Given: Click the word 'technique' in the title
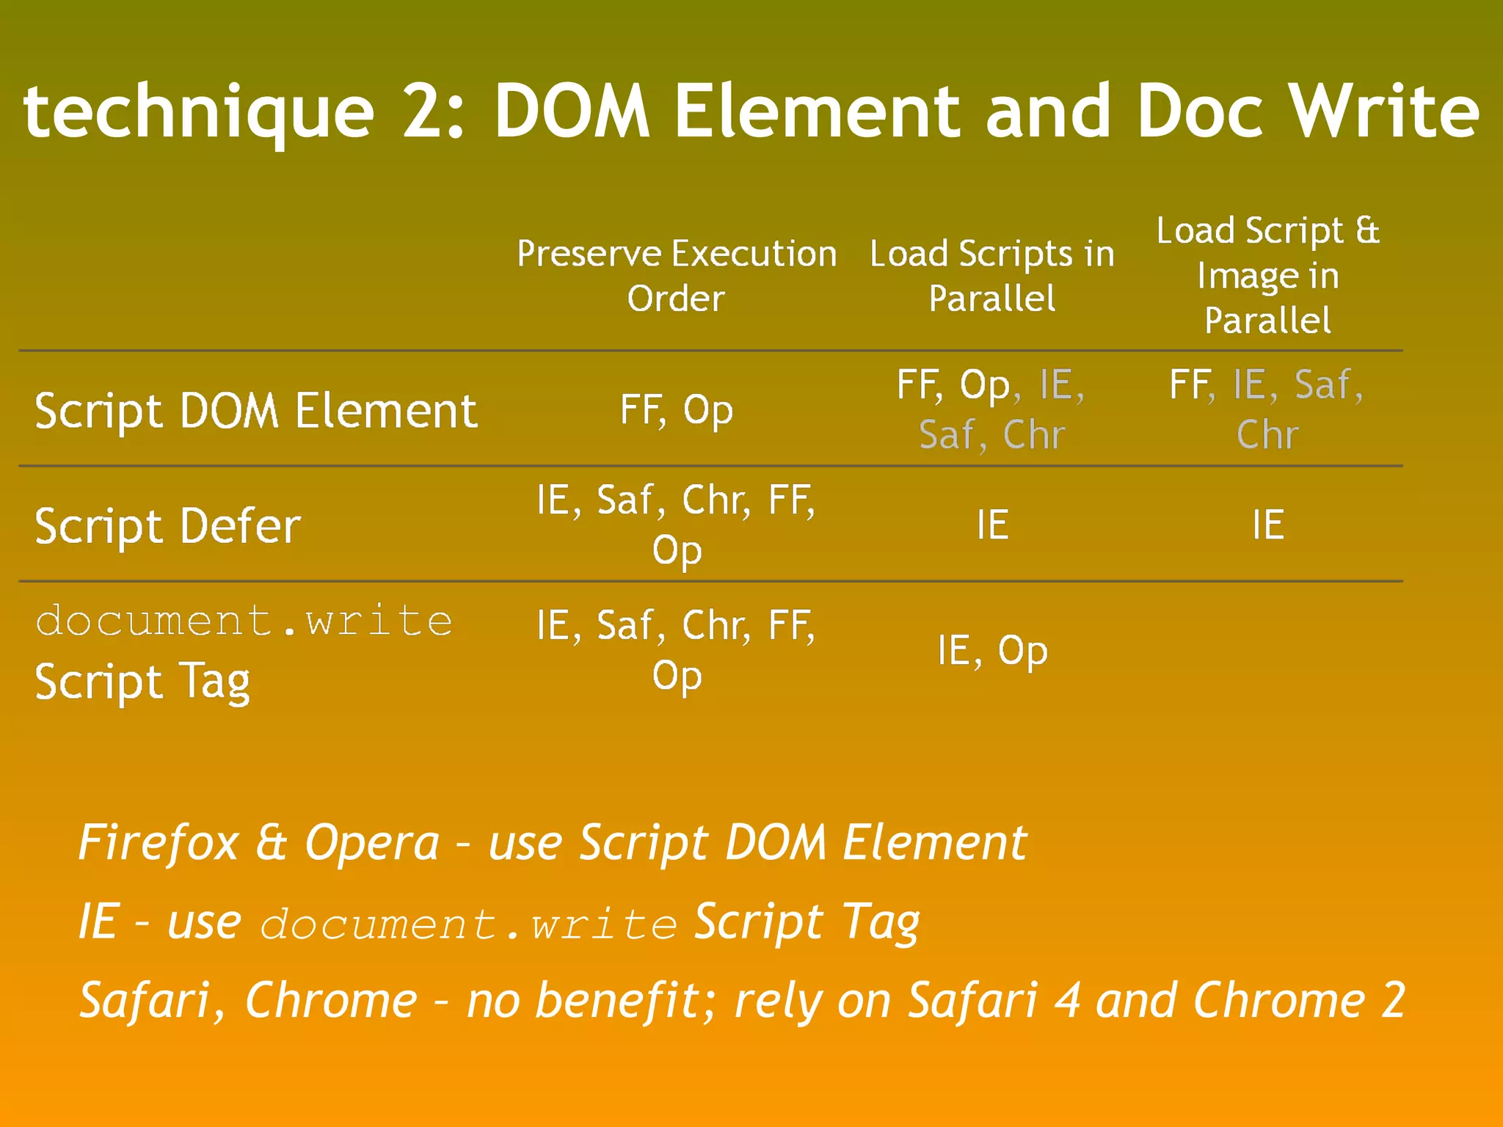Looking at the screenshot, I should [199, 112].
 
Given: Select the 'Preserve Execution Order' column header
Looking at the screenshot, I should [677, 275].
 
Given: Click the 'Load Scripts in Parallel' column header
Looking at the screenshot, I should [992, 275].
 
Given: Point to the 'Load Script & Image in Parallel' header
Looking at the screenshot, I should [1267, 275].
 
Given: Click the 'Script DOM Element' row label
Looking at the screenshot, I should [256, 410].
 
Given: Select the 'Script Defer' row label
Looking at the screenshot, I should [168, 526].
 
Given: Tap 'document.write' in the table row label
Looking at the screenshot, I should [244, 621].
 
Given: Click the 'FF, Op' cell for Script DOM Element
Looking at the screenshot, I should [677, 410].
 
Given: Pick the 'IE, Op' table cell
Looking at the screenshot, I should [992, 651].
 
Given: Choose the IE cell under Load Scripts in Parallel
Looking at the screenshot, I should [992, 525].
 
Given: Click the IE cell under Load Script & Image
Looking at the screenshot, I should [1268, 525].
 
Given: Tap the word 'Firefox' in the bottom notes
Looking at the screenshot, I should [159, 842].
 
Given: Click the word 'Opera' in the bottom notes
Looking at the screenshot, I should [372, 842].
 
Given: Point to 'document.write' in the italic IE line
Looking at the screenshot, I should [468, 924].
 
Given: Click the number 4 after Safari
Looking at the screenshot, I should [1067, 1000].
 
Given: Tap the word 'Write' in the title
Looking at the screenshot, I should [1385, 112].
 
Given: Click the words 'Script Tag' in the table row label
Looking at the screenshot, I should [143, 682].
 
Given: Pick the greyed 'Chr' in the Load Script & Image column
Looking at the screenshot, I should [1267, 435].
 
